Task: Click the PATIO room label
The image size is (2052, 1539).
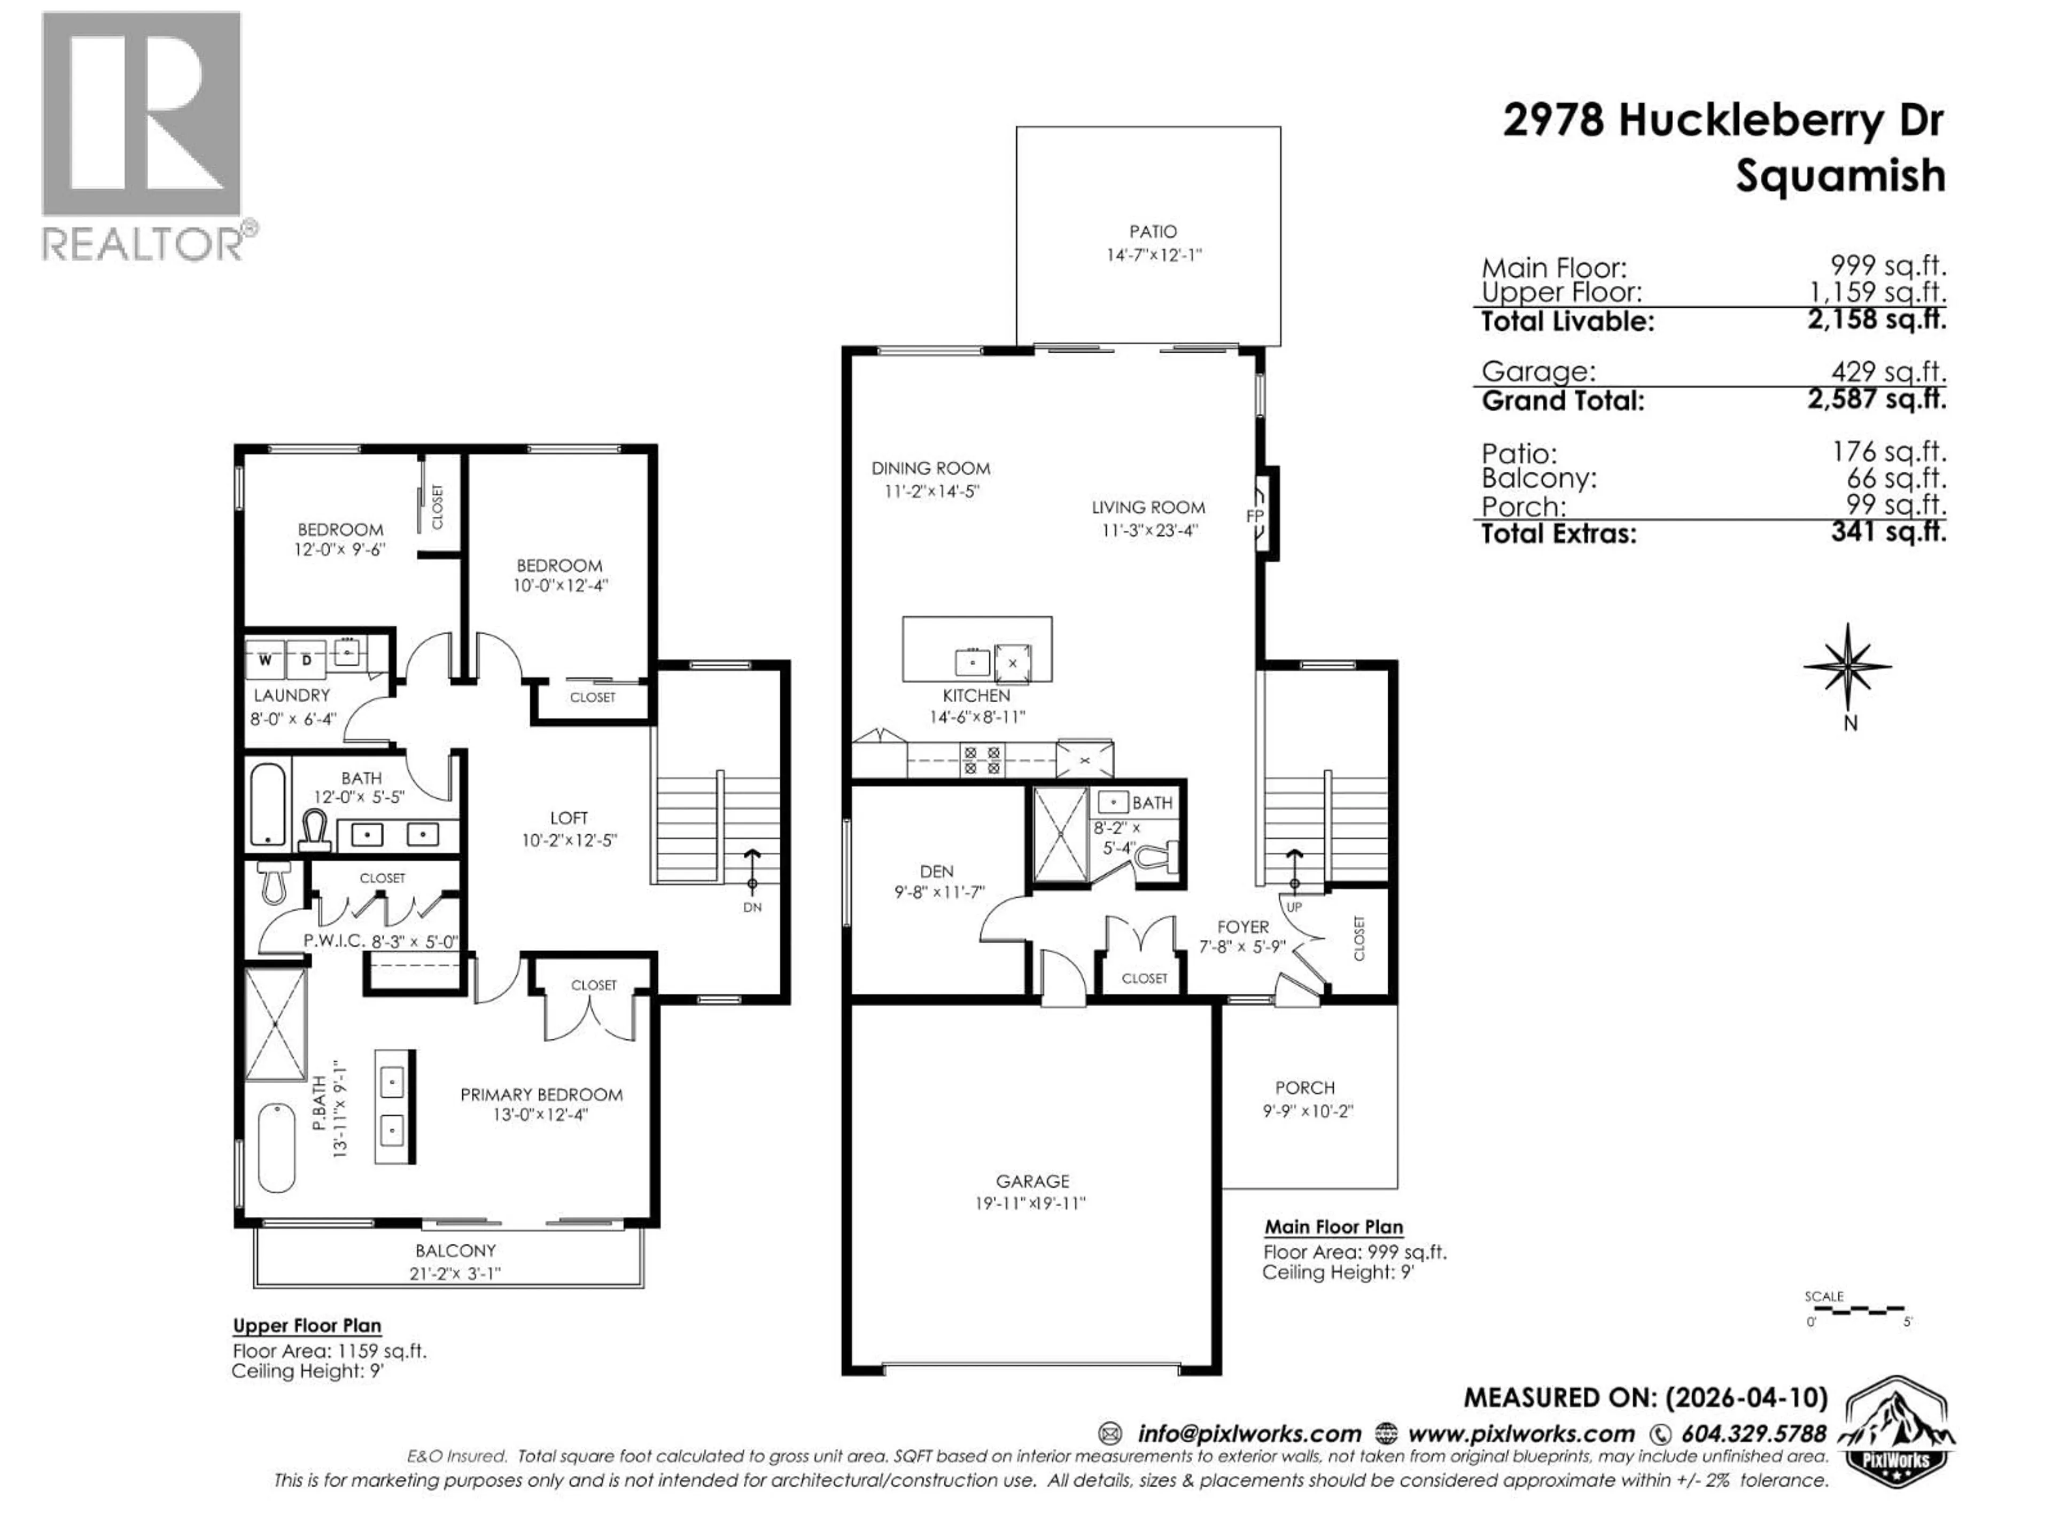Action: pos(1152,232)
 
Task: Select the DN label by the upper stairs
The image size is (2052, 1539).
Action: pos(752,907)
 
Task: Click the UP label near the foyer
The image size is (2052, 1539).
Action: pos(1294,906)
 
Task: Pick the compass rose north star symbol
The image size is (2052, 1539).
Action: pos(1848,666)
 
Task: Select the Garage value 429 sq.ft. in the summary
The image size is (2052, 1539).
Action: pos(1888,372)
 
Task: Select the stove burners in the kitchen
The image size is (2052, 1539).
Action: pos(982,760)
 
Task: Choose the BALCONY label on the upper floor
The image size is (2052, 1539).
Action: pos(455,1250)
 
